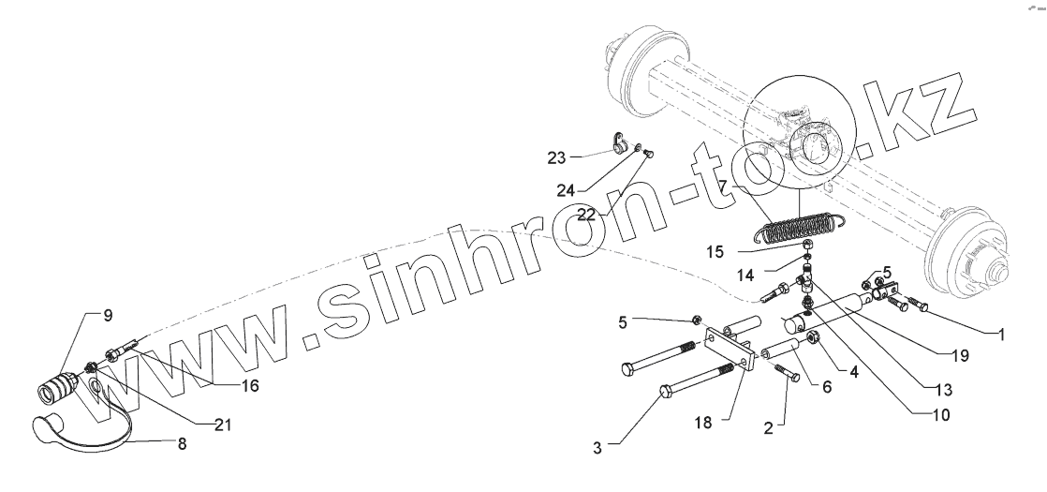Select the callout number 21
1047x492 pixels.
point(222,425)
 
